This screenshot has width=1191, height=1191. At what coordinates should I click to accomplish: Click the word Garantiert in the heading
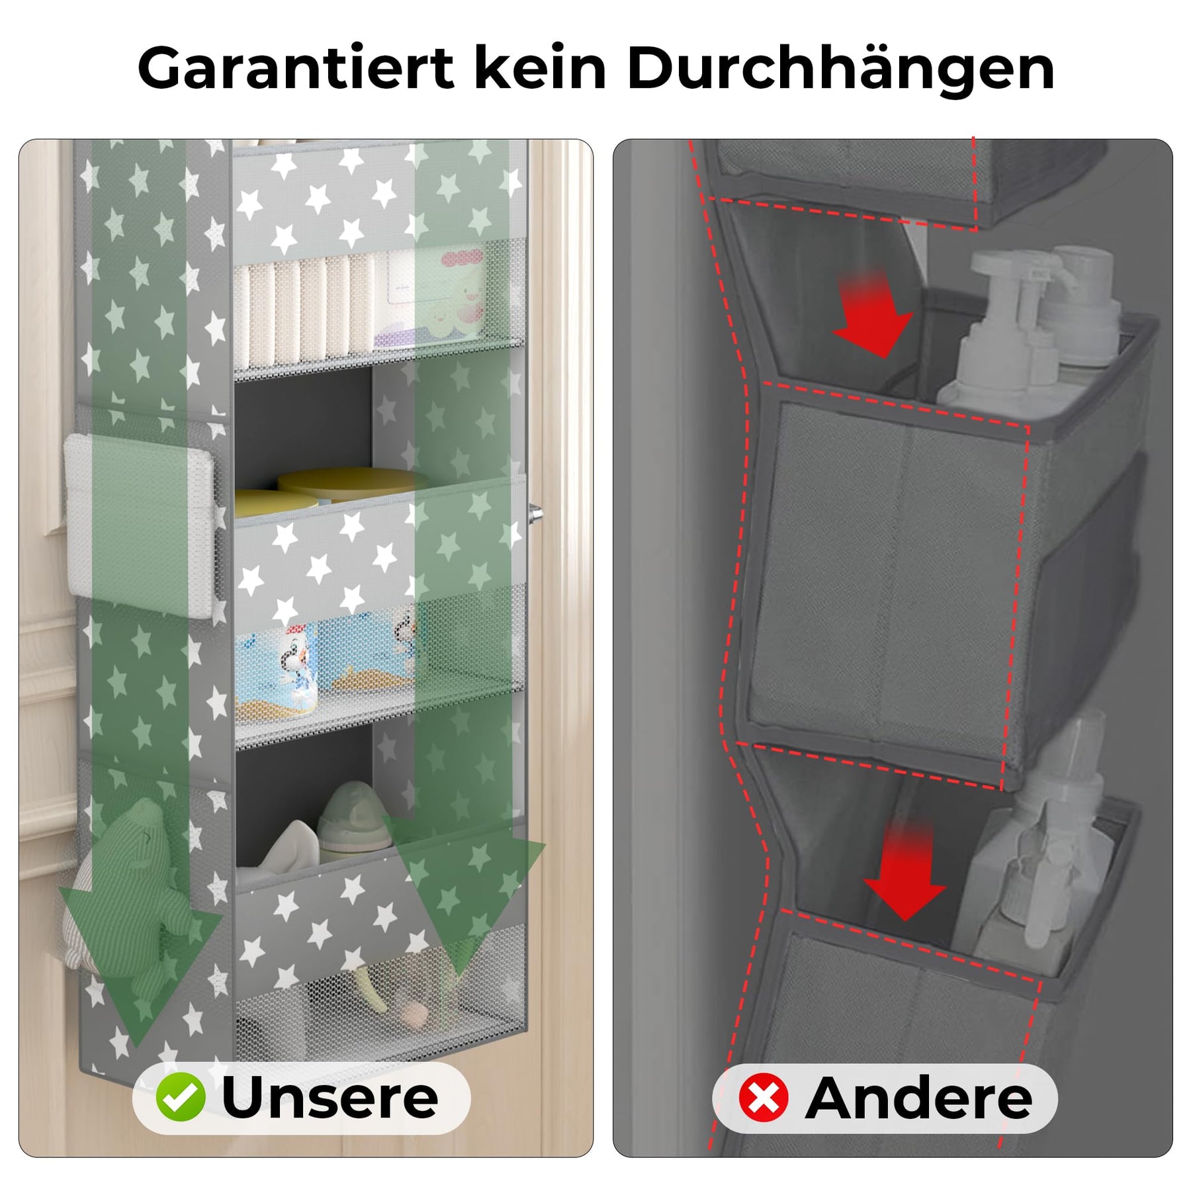tap(295, 68)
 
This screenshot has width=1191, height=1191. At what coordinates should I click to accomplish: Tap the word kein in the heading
tap(541, 67)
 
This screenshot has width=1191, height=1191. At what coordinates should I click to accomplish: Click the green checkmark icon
tap(180, 1097)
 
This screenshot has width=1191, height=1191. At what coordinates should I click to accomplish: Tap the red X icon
tap(764, 1098)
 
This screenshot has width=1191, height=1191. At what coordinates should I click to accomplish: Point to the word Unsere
tap(330, 1098)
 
